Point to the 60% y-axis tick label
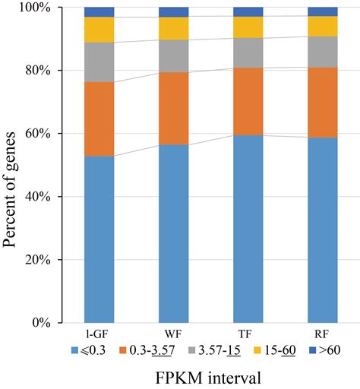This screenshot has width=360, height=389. click(55, 134)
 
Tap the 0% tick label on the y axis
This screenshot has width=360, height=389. click(58, 323)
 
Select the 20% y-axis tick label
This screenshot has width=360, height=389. click(55, 260)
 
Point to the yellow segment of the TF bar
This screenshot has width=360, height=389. click(248, 27)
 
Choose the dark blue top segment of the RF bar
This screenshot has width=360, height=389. click(322, 11)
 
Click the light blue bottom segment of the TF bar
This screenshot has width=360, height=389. click(248, 228)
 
